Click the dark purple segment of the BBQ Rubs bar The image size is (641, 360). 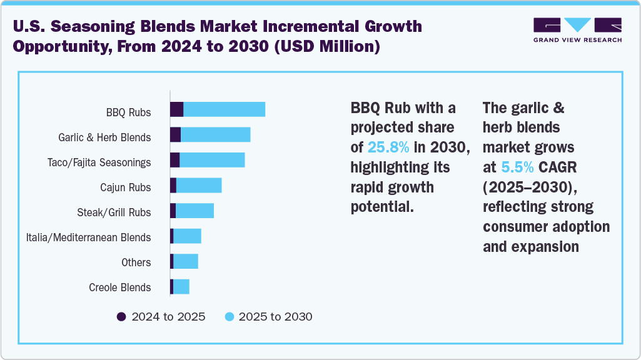pyautogui.click(x=176, y=109)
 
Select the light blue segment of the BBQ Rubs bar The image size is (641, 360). pyautogui.click(x=224, y=109)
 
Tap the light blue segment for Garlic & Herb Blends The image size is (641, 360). pyautogui.click(x=215, y=134)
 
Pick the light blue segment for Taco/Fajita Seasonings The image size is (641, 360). pyautogui.click(x=212, y=159)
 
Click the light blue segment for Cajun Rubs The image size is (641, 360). pyautogui.click(x=199, y=186)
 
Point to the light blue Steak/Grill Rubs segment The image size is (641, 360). pyautogui.click(x=194, y=211)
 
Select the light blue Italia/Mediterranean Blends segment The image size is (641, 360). pyautogui.click(x=187, y=236)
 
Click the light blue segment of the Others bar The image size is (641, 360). pyautogui.click(x=186, y=261)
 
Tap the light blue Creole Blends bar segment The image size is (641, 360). pyautogui.click(x=181, y=286)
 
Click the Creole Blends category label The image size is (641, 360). pyautogui.click(x=119, y=287)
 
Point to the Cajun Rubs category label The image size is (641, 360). pyautogui.click(x=125, y=187)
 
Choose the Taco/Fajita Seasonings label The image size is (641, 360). pyautogui.click(x=99, y=162)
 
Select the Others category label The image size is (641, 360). pyautogui.click(x=136, y=262)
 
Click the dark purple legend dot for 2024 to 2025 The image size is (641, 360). pyautogui.click(x=121, y=317)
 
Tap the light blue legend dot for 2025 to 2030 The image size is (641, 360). pyautogui.click(x=229, y=317)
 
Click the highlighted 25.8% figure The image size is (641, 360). pyautogui.click(x=388, y=147)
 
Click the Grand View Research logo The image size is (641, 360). pyautogui.click(x=577, y=31)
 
